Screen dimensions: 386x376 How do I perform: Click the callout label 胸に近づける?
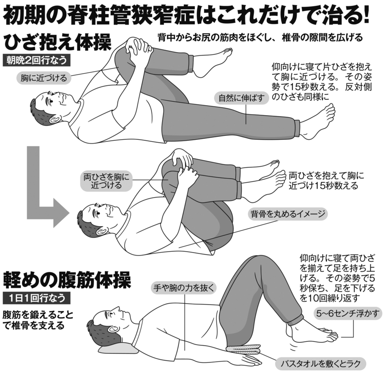(43, 78)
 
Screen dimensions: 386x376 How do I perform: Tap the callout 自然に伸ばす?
(241, 98)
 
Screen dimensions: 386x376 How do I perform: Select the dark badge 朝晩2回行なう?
(37, 60)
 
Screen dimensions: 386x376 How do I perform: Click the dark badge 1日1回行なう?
(37, 298)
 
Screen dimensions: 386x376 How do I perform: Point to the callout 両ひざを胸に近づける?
(106, 181)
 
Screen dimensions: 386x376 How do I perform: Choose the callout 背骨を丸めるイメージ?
(288, 214)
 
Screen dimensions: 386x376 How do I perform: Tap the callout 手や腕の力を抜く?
(184, 288)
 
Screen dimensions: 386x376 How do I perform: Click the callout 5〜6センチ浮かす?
(348, 313)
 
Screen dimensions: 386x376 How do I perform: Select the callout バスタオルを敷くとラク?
(320, 363)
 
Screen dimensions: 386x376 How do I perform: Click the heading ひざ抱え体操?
(58, 42)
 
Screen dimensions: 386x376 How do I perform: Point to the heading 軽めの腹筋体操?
(67, 280)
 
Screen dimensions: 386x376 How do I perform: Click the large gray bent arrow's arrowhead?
(60, 213)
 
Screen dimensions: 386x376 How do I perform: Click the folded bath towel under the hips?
(244, 349)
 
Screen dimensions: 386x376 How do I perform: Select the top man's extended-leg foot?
(317, 121)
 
